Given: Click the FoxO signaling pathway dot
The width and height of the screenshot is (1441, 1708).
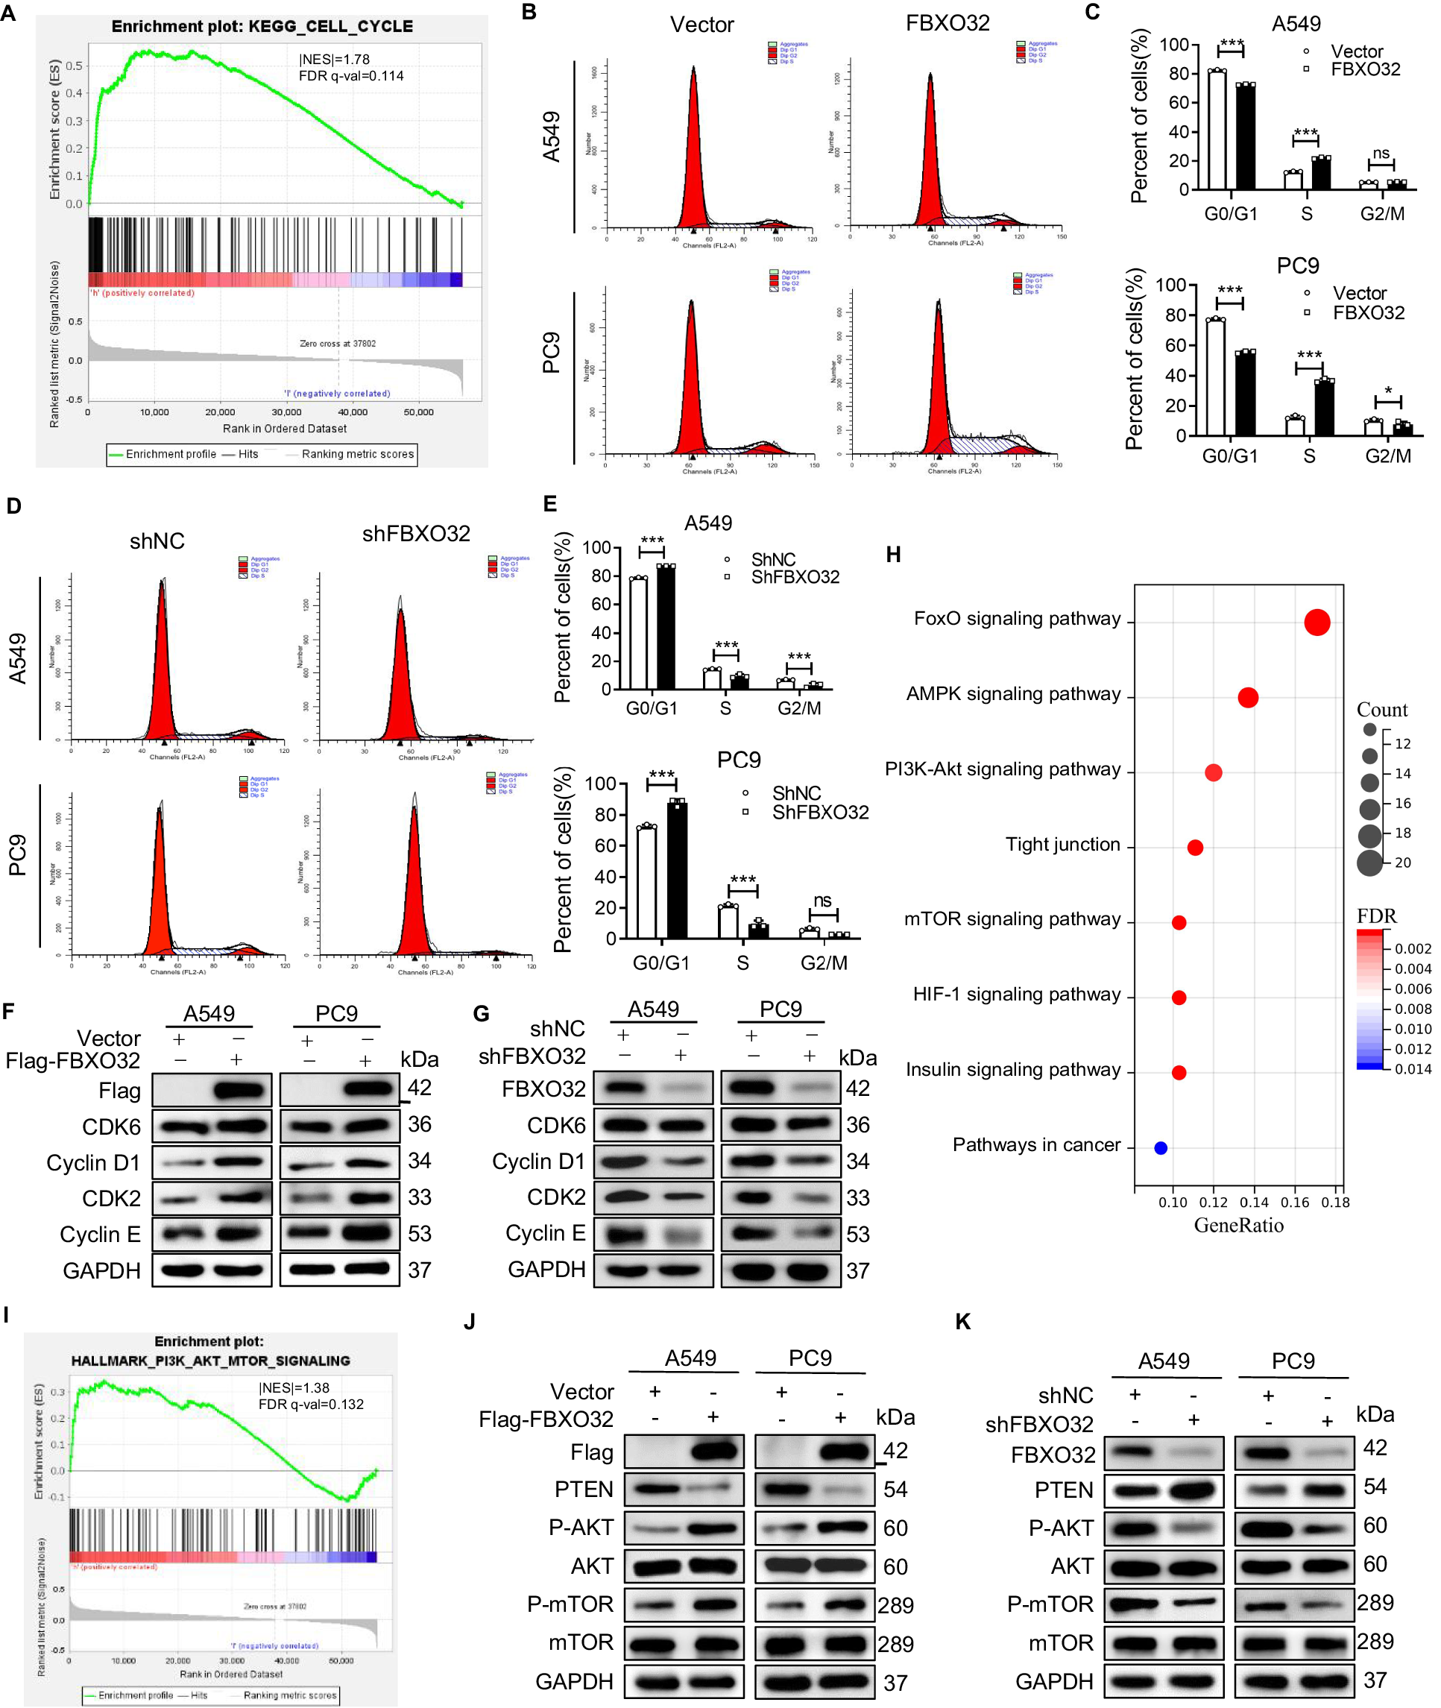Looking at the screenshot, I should [x=1316, y=623].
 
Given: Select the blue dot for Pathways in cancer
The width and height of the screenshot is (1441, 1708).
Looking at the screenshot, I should [x=1160, y=1147].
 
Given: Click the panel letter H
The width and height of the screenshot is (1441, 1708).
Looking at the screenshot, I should [x=893, y=555].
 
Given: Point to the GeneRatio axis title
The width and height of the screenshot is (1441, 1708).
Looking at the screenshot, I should [x=1238, y=1225].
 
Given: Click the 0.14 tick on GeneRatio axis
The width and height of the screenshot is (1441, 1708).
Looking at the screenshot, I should [x=1253, y=1203].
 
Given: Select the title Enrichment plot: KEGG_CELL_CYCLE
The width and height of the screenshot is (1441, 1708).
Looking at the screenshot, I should [x=262, y=27].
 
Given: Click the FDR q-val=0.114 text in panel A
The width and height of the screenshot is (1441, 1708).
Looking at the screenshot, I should [x=351, y=76].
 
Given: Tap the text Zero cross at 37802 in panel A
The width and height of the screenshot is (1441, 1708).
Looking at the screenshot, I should [x=338, y=344].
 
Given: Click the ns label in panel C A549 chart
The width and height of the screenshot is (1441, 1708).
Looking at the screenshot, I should [x=1381, y=154].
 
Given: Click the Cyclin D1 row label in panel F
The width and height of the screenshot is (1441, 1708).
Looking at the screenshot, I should [x=93, y=1163].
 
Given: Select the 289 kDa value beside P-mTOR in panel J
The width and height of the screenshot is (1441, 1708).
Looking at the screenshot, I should [x=895, y=1606].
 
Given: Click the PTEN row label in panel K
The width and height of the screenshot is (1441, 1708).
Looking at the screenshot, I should [x=1064, y=1490].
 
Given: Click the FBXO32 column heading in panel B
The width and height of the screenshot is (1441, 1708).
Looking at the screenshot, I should [x=947, y=24].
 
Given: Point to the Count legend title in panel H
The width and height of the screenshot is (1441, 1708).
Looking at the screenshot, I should [x=1382, y=710].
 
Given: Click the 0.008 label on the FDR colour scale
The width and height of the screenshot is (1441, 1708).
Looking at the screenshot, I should [x=1413, y=1009].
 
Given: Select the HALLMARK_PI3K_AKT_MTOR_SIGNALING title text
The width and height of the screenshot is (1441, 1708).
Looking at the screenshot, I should [x=210, y=1361].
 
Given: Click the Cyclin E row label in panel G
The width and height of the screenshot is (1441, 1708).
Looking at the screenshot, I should [x=545, y=1233].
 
